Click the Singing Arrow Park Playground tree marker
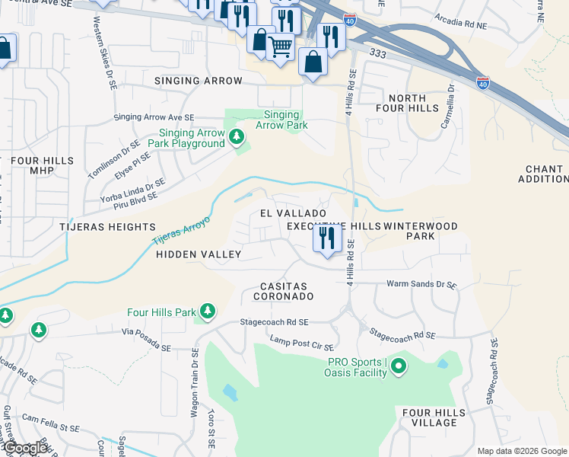point(237,137)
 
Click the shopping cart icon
point(280,46)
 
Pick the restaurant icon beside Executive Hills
point(328,239)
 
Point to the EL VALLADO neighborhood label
point(293,213)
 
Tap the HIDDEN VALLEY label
point(198,254)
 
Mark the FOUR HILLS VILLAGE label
point(428,417)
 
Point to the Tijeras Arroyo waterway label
point(180,232)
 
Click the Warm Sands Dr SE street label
point(421,284)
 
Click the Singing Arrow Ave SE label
point(154,117)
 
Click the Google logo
point(26,449)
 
